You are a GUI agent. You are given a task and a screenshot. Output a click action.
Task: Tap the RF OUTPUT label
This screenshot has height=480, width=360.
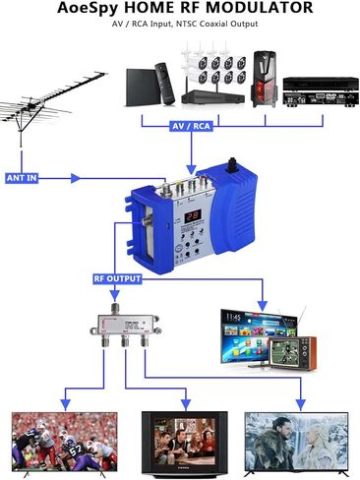click(118, 278)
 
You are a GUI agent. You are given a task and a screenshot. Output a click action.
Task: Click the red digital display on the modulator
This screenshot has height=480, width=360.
click(194, 214)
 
